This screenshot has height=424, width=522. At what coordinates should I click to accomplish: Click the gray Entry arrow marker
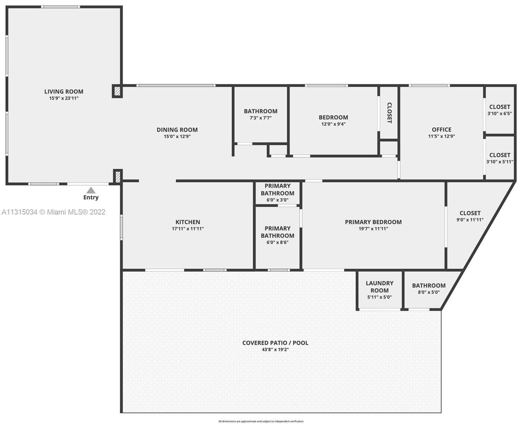[91, 190]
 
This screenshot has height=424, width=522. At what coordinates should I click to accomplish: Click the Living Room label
[64, 92]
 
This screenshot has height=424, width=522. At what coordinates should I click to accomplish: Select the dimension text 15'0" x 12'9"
[177, 136]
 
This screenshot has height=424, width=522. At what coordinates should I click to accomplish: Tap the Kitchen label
[188, 222]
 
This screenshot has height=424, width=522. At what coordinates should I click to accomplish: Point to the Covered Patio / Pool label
[275, 343]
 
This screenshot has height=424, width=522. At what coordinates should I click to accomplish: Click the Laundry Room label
[379, 287]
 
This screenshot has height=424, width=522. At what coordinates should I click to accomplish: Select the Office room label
[441, 130]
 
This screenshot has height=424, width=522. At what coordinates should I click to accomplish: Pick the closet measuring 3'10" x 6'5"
[499, 110]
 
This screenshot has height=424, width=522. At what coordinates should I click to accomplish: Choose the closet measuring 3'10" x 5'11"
[499, 158]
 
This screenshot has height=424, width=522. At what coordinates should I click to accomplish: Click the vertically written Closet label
[389, 113]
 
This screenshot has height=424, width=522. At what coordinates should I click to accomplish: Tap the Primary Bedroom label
[373, 222]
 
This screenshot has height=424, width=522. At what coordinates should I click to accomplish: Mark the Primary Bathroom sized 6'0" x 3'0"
[277, 193]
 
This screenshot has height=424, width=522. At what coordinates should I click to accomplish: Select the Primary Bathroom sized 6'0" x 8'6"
[277, 235]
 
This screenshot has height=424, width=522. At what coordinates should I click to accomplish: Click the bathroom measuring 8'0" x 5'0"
[428, 288]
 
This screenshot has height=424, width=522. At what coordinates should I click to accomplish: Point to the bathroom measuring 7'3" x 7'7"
[260, 114]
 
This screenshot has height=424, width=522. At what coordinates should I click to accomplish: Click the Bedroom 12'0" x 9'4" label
[333, 120]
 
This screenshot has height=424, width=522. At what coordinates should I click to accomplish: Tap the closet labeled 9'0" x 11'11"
[470, 216]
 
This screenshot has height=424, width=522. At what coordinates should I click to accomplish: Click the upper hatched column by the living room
[117, 91]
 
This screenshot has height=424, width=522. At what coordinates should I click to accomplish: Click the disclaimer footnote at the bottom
[261, 421]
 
